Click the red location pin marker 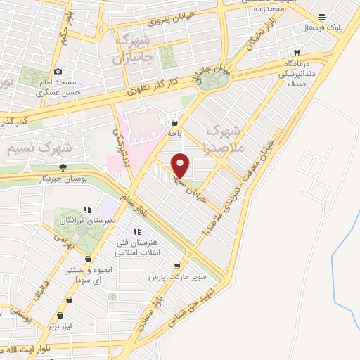pos(181,165)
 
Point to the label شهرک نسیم pos(37,148)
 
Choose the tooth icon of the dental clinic pos(297,53)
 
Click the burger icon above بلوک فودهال pos(321,18)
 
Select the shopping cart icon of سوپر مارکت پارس pos(179,266)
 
